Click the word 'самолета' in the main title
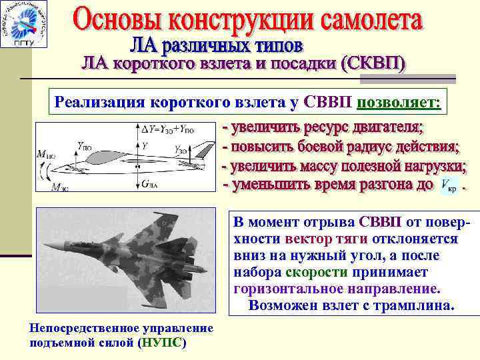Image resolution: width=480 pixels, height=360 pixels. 364,22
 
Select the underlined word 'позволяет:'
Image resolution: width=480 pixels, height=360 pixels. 399,103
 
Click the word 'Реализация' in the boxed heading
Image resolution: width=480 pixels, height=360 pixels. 96,103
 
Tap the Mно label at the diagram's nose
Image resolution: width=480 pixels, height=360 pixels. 47,155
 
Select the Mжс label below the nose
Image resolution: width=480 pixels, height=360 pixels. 60,187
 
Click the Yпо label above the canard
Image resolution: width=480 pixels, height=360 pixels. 85,144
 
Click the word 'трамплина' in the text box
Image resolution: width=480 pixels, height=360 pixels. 419,306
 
